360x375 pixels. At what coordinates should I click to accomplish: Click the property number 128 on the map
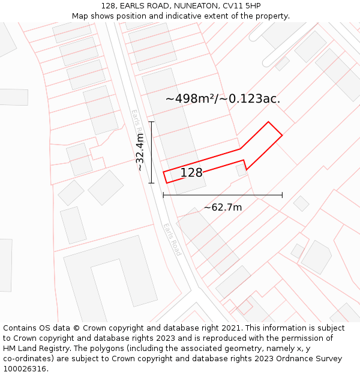191,173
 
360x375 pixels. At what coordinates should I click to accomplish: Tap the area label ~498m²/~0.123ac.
223,98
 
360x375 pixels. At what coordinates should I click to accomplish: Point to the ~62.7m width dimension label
223,208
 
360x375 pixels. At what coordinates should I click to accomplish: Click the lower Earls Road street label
172,239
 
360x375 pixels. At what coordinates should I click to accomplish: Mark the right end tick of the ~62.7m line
282,195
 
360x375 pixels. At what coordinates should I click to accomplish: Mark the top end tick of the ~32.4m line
152,122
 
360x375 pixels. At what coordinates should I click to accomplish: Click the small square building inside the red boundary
241,170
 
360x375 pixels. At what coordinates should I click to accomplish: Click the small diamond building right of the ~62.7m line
301,203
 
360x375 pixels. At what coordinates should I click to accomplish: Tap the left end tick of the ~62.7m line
163,195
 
